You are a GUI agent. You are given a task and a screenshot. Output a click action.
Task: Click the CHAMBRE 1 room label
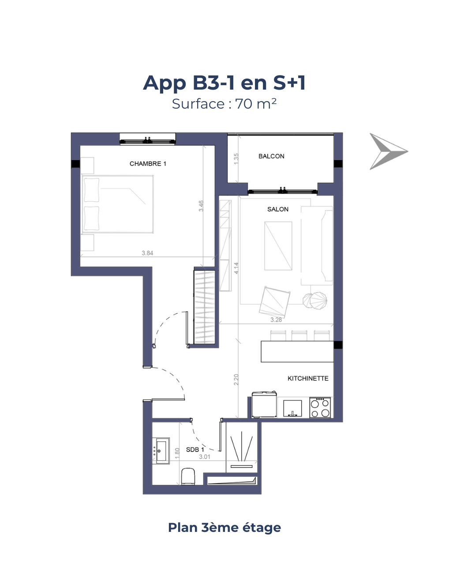point(148,164)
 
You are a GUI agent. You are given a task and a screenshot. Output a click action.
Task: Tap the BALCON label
point(271,156)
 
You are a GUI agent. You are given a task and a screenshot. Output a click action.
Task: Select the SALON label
point(277,209)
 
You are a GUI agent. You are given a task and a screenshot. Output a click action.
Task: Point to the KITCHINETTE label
point(308,378)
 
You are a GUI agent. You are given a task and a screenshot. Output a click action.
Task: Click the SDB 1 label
point(195,449)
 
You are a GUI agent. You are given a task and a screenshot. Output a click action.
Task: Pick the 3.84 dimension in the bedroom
point(147,253)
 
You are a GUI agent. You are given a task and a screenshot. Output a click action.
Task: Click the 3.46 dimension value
point(201,206)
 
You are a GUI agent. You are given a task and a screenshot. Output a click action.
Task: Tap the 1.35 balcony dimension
point(236,159)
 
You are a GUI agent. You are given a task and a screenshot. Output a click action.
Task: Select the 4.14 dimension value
point(236,268)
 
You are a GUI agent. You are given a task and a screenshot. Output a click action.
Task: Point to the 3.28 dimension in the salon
point(276,320)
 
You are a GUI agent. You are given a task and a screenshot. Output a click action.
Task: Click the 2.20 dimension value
point(236,380)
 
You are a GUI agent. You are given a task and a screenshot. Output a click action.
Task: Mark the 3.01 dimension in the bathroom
point(205,457)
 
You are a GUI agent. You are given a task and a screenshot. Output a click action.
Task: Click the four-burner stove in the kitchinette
point(320,407)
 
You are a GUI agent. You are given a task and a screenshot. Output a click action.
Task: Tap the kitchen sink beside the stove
point(292,408)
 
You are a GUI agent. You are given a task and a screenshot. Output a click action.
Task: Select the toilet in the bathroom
point(188,476)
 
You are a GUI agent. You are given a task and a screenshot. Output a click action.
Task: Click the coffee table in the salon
point(278,246)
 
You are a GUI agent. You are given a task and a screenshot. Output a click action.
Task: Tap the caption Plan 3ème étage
point(224,527)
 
